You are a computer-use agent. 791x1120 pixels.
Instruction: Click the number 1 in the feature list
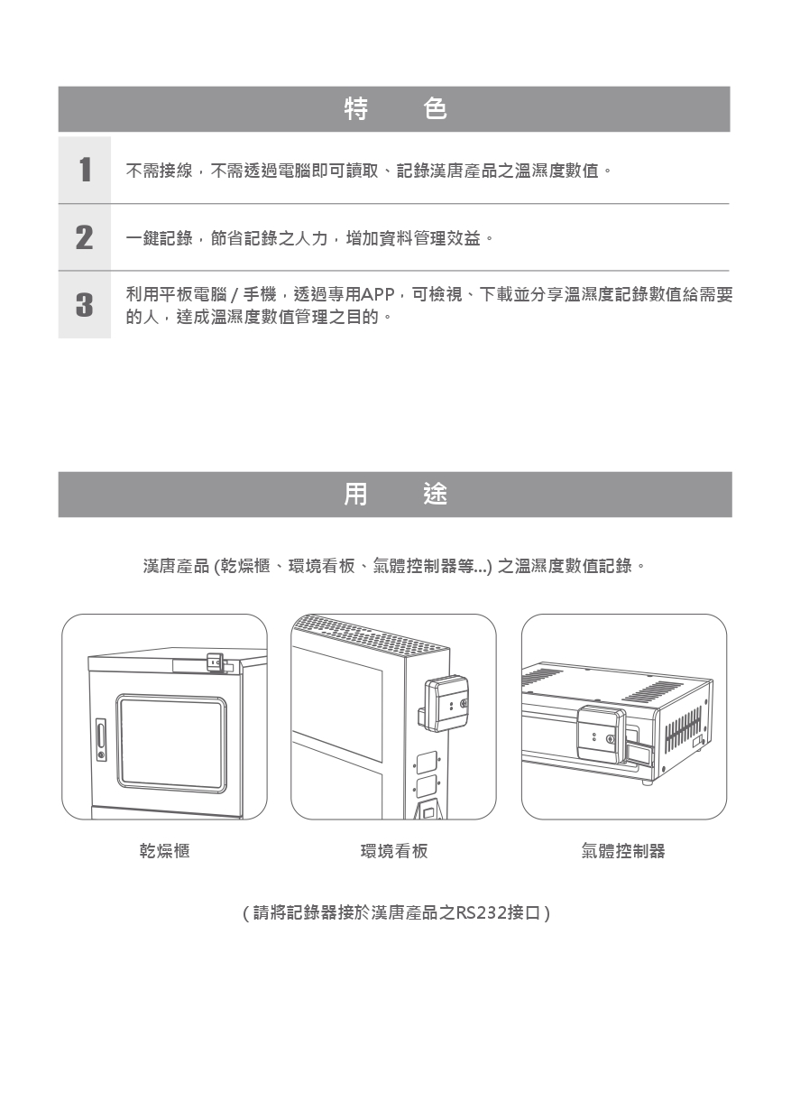85,170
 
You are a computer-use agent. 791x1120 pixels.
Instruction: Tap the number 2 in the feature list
85,237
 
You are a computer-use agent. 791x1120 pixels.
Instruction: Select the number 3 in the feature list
85,304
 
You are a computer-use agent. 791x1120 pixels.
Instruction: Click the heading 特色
395,109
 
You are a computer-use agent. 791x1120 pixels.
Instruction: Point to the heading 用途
395,494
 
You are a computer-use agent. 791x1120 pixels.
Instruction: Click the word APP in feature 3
377,295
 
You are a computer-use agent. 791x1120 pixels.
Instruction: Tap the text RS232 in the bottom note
480,913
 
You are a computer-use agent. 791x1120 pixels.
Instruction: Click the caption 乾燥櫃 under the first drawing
164,850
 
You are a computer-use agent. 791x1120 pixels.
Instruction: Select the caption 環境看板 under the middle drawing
394,850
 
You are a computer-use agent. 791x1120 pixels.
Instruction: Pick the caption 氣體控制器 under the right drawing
623,850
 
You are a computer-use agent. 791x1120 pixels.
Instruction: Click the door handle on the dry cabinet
101,740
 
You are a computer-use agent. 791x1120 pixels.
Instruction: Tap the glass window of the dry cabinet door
170,743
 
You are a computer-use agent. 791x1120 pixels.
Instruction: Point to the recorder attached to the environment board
446,704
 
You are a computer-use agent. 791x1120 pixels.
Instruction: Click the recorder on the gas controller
601,734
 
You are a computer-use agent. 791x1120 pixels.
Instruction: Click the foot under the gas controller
648,782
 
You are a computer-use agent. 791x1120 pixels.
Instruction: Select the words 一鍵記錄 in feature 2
160,238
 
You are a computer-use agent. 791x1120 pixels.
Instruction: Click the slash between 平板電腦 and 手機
235,295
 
